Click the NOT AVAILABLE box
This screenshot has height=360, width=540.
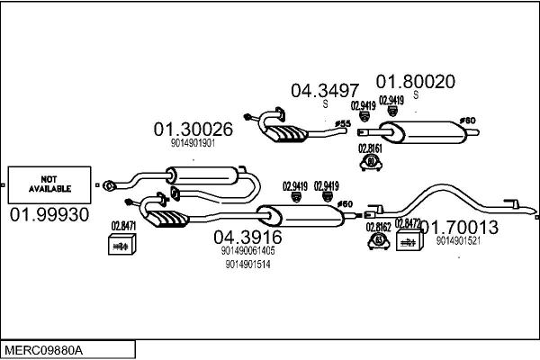point(49,184)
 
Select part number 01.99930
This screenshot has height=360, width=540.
point(49,215)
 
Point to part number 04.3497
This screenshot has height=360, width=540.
point(324,90)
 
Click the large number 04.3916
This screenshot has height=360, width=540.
point(247,238)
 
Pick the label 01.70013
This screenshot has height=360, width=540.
point(460,228)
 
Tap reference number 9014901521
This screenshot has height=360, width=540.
point(458,241)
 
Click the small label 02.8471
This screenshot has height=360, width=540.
point(123,226)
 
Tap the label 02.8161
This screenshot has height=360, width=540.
point(370,148)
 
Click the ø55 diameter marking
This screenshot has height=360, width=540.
point(342,123)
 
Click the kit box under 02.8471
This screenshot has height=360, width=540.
point(121,244)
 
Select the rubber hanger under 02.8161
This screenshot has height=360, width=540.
point(369,162)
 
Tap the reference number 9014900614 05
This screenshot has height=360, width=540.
point(247,251)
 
